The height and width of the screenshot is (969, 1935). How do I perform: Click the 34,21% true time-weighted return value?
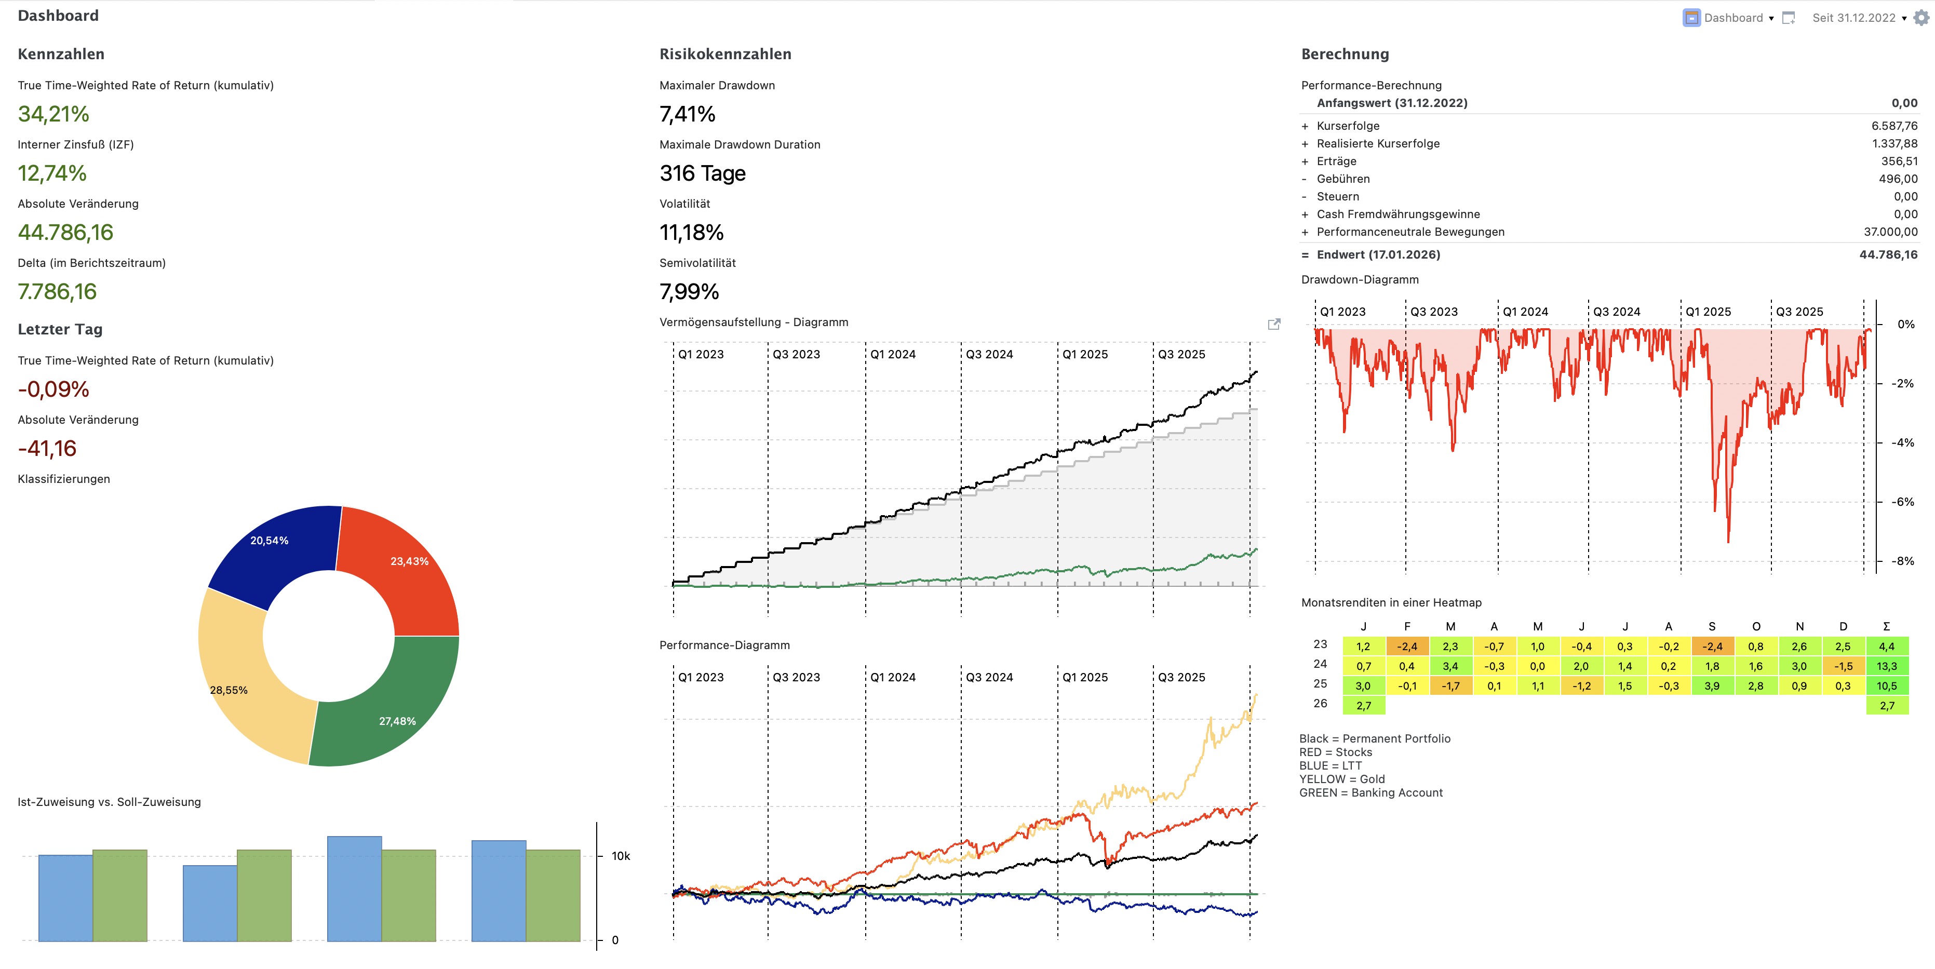[53, 114]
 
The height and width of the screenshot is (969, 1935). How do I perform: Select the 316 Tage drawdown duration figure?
[702, 173]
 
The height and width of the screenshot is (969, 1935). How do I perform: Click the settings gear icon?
[1921, 18]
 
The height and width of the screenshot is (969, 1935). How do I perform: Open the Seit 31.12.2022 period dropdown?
[1858, 18]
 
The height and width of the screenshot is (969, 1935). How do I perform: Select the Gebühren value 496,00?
[1898, 179]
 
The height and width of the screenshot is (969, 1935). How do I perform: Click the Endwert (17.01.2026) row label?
[1378, 254]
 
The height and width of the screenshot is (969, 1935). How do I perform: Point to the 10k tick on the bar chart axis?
[621, 856]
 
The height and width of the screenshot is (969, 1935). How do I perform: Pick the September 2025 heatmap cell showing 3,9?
[1712, 686]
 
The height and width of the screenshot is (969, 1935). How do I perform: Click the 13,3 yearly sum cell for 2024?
[1886, 666]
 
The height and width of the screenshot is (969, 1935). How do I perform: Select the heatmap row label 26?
[1320, 704]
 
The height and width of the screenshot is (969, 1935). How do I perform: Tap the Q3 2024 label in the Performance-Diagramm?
[989, 678]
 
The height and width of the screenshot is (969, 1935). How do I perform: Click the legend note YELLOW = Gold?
[1341, 779]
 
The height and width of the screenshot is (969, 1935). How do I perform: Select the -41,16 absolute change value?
[47, 449]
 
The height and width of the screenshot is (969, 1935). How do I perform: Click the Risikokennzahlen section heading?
[725, 54]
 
